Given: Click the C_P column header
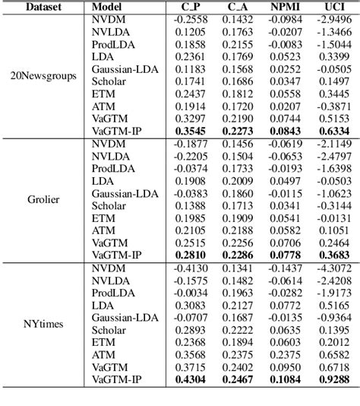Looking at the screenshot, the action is click(191, 7).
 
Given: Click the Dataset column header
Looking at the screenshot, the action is click(37, 7).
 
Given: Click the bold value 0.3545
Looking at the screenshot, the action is click(191, 130).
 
